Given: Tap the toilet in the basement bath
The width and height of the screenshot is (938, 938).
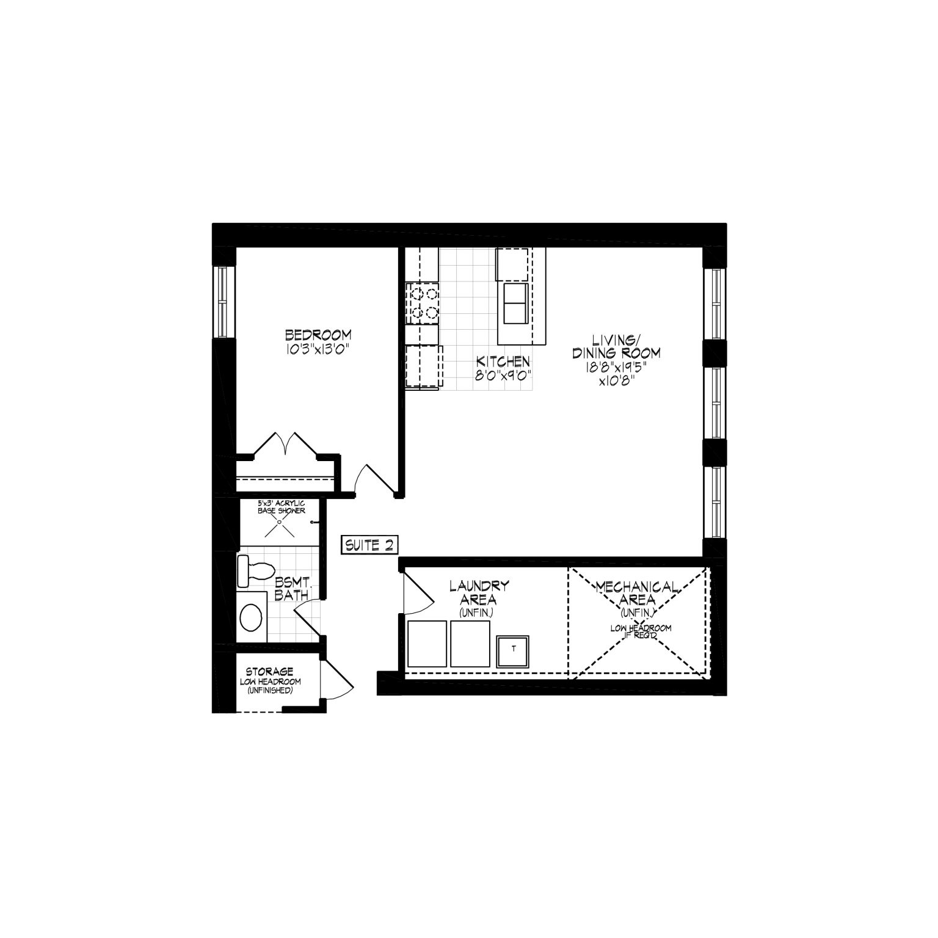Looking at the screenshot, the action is (x=254, y=570).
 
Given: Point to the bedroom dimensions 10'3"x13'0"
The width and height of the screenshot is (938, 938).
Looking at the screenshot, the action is (x=318, y=349).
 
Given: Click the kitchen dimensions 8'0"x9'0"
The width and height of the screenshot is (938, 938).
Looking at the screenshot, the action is (x=503, y=374).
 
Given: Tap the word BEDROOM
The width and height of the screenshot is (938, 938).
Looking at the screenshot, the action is (x=318, y=335).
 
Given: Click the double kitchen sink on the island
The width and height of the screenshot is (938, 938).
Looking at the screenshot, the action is (x=515, y=304).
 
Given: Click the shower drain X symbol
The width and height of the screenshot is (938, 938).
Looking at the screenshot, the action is (x=280, y=524).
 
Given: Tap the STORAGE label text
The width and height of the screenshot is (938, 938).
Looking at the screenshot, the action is (x=270, y=672).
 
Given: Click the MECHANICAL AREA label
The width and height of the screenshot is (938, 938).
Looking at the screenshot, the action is (x=637, y=594).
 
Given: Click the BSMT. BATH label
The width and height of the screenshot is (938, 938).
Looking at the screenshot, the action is (x=291, y=589).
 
